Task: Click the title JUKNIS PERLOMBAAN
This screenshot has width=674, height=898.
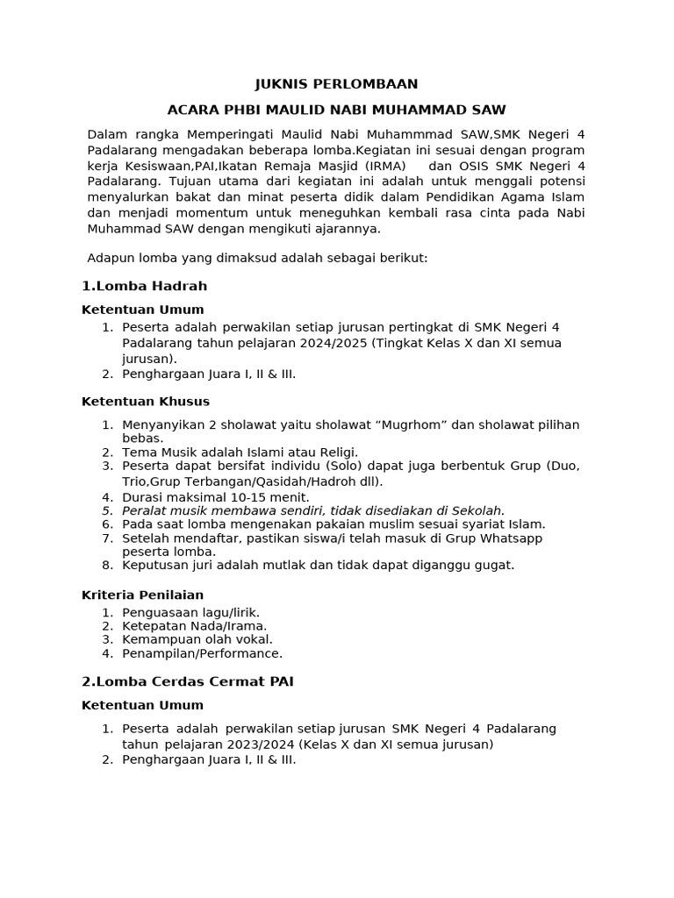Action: [336, 84]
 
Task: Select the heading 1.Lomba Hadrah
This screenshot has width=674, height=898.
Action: [144, 286]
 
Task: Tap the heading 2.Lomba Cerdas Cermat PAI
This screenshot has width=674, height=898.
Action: [187, 681]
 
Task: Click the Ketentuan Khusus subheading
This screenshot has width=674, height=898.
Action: [146, 402]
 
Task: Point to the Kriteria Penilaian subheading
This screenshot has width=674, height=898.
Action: [142, 595]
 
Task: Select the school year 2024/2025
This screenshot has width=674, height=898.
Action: [333, 343]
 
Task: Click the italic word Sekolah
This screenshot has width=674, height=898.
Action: [477, 510]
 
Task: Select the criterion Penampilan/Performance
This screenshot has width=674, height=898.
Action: [203, 653]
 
